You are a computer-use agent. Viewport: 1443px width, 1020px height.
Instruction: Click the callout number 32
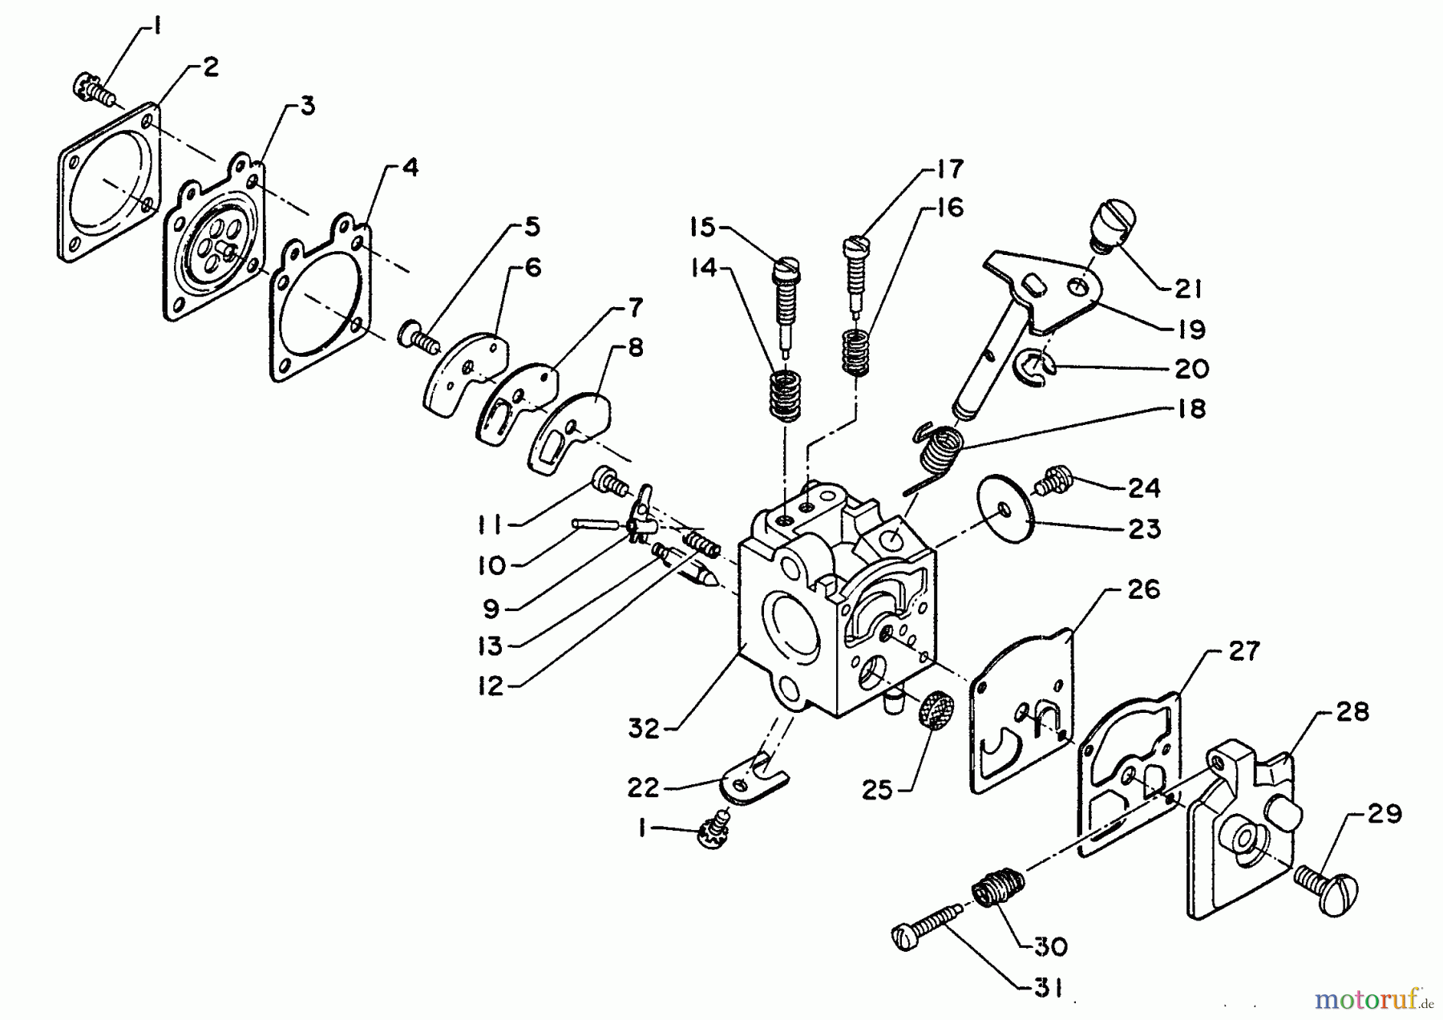point(644,729)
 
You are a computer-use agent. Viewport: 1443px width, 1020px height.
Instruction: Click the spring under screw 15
point(786,394)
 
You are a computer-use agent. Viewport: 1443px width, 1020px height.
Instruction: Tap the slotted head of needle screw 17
point(856,242)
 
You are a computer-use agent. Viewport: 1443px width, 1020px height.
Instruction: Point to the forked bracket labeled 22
point(754,782)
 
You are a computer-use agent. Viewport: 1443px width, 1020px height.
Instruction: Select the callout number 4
point(409,168)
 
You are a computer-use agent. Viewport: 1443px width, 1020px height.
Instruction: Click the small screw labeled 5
point(417,334)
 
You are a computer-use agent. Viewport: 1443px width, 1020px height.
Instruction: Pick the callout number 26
point(1144,590)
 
